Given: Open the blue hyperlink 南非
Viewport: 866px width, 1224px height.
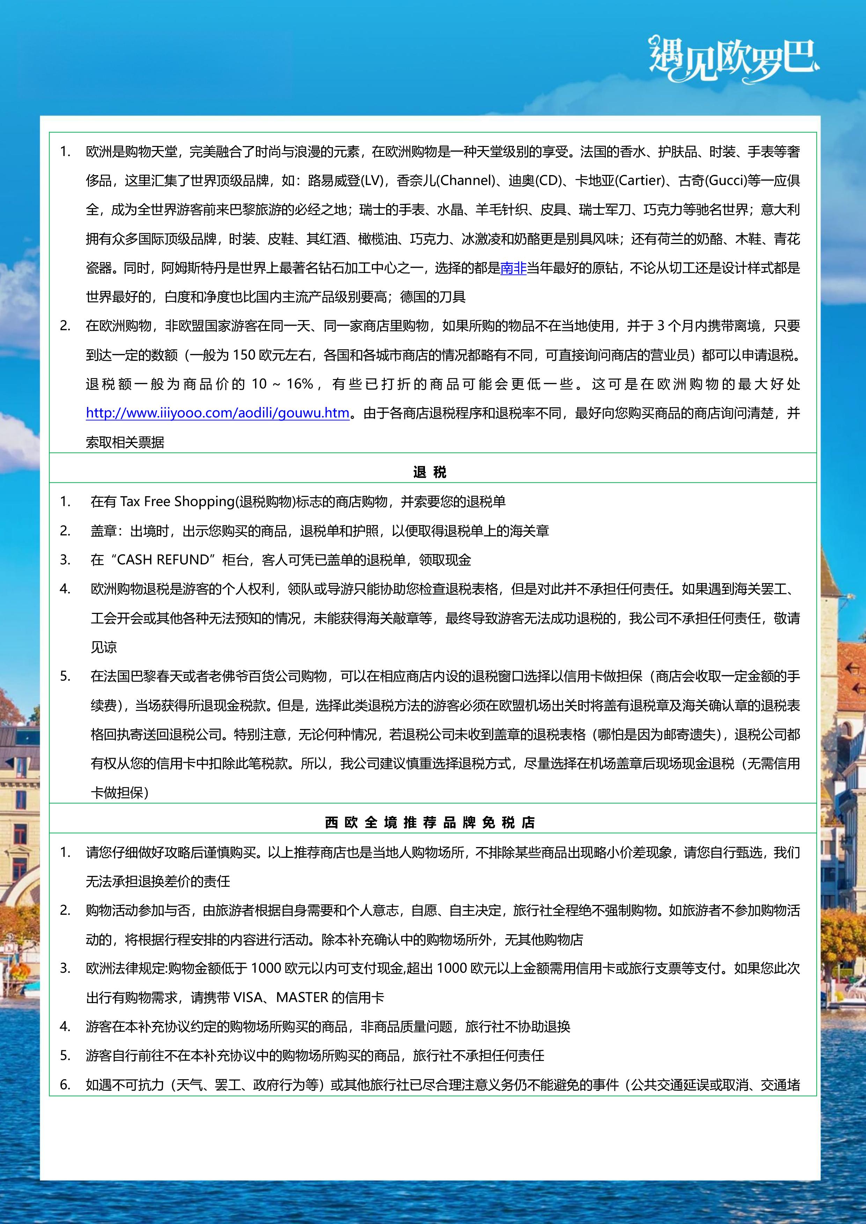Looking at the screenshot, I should click(x=513, y=268).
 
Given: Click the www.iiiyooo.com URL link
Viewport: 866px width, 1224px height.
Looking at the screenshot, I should click(x=218, y=413).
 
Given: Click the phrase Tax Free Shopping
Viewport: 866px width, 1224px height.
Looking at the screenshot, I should click(x=177, y=502).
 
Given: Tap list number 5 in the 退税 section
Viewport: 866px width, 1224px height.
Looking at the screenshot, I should click(x=65, y=676).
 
